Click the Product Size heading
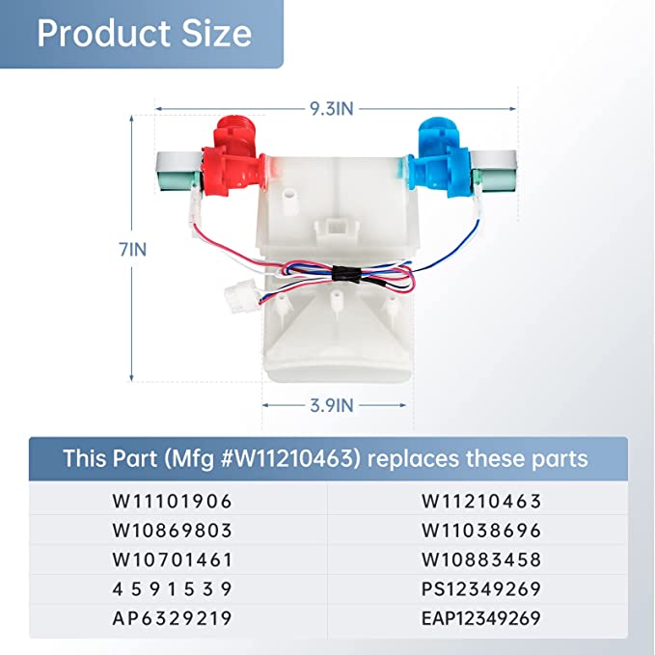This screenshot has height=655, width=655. pos(144,34)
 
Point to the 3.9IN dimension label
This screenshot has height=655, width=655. pos(330,406)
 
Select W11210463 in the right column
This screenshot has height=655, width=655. pos(480,502)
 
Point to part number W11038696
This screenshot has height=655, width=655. pos(480,531)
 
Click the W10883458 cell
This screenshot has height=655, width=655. pos(480,559)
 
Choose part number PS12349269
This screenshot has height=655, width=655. pos(480,588)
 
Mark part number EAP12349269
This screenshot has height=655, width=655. pos(480,617)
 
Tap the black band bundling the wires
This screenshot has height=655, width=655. pos(340,274)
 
